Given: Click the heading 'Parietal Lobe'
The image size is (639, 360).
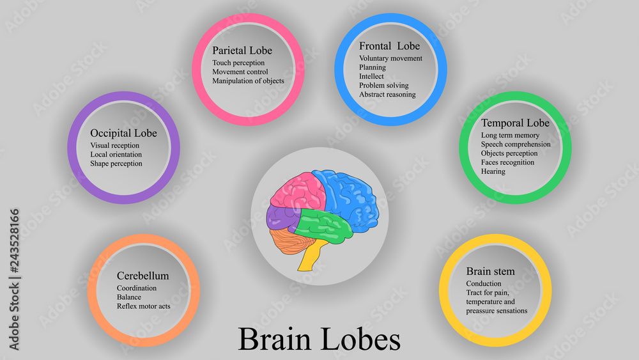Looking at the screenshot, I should [x=242, y=51].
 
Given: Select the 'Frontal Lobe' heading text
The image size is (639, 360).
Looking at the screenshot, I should [x=389, y=46].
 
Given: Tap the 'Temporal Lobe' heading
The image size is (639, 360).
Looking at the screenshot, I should [x=515, y=123].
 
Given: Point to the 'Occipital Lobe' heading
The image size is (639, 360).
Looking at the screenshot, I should [x=123, y=133].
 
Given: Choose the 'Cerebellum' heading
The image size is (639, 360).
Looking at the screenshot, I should [x=142, y=276].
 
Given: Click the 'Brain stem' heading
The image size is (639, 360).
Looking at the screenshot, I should [x=490, y=271].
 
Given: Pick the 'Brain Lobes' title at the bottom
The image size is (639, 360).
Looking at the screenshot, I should [x=319, y=339].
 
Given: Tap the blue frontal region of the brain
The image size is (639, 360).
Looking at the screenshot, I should [x=351, y=195].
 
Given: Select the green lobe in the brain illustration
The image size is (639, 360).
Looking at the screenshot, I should [x=323, y=224].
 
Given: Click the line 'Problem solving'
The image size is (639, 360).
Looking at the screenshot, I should [x=383, y=86].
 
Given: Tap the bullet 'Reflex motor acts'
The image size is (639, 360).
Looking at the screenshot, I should [x=143, y=306].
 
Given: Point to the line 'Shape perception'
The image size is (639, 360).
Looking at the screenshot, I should [x=116, y=164].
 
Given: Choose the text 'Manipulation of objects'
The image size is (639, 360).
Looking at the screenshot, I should [x=248, y=81].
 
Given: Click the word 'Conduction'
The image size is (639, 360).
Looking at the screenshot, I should [x=484, y=284].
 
